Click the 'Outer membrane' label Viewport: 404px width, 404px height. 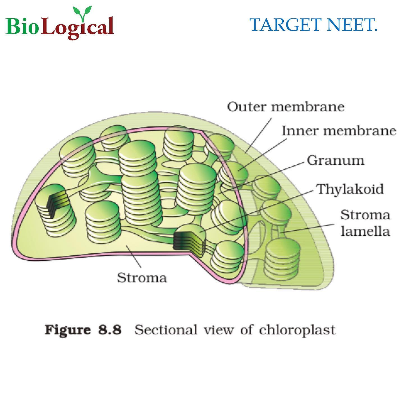286,107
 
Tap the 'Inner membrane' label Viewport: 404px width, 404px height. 339,131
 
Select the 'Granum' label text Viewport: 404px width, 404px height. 336,160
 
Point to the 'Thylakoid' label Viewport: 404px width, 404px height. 350,189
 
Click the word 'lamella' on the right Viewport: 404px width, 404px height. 365,231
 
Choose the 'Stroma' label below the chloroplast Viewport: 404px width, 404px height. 142,278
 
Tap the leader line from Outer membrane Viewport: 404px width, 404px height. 259,135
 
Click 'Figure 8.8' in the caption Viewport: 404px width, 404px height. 83,330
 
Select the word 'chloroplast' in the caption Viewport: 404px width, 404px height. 297,330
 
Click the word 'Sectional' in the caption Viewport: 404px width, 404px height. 166,330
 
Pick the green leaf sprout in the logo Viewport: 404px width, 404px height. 82,13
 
